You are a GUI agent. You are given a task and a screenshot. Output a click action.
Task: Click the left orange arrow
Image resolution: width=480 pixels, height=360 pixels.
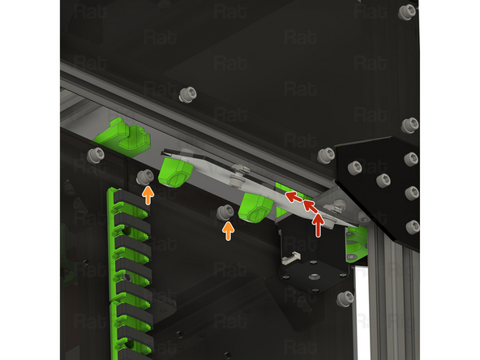(148, 195)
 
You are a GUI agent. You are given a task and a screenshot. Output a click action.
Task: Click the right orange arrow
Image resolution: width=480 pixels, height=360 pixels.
(228, 231)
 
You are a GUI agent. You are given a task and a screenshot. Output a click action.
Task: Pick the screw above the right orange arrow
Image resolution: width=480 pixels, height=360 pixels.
(226, 212)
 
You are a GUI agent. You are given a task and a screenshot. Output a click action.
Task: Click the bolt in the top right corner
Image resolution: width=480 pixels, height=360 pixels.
(408, 12)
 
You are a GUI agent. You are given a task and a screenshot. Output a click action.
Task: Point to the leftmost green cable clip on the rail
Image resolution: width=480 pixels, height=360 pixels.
(122, 135)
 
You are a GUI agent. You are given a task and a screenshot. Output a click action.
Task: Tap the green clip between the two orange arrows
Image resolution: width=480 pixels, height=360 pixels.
(175, 171)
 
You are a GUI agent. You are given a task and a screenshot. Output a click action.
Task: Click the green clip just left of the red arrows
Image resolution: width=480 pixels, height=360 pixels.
(255, 207)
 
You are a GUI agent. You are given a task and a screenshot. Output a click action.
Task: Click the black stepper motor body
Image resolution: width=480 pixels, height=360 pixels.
(308, 284)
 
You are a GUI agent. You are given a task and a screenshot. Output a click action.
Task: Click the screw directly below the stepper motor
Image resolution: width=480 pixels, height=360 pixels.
(345, 299)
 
